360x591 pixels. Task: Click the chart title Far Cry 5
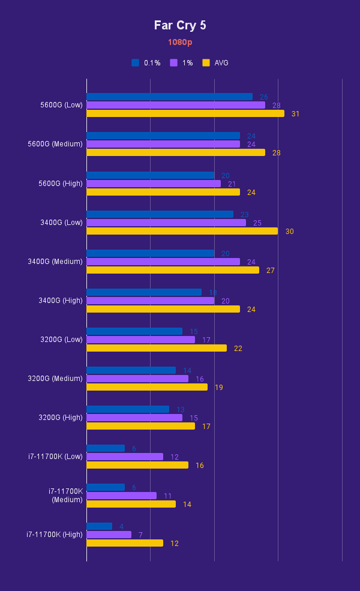pos(180,25)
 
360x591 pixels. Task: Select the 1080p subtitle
pos(180,43)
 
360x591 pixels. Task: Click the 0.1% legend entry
pos(146,63)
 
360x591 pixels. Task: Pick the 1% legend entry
pos(182,63)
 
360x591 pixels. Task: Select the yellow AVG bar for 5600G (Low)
pos(185,113)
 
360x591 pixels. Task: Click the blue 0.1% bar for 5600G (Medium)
pos(163,136)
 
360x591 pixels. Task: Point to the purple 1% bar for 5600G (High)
pos(154,184)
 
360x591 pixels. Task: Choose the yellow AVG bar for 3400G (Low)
pos(182,231)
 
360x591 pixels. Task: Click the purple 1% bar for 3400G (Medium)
pos(163,262)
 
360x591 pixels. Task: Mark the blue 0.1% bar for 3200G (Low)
pos(134,331)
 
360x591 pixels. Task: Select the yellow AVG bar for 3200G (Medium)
pos(147,387)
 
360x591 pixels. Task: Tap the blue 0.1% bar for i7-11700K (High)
pos(99,526)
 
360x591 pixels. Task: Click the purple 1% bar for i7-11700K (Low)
pos(125,457)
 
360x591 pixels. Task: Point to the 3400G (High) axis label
pos(61,301)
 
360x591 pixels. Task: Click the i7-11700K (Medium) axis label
pos(66,496)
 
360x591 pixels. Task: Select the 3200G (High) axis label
pos(61,418)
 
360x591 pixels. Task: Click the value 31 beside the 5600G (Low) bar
pos(295,113)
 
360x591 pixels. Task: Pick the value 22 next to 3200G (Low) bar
pos(238,348)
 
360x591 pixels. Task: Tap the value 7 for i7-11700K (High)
pos(140,535)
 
